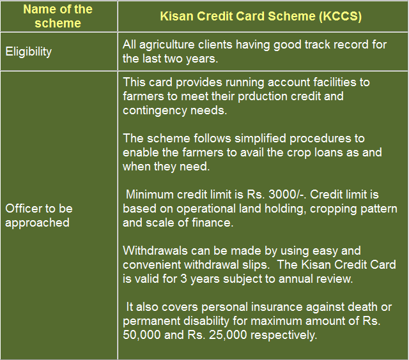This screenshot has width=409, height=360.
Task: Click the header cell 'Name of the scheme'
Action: point(58,16)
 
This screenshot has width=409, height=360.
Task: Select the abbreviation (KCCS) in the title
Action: point(340,17)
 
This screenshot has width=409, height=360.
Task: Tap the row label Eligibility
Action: point(28,52)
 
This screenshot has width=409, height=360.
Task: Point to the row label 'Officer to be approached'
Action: point(39,216)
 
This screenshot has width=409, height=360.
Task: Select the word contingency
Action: point(155,110)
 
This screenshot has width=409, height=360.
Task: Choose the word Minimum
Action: point(150,195)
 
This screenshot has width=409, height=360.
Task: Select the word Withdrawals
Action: point(155,251)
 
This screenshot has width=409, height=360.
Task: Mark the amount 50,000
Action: point(142,335)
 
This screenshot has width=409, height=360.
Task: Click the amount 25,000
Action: point(228,335)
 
